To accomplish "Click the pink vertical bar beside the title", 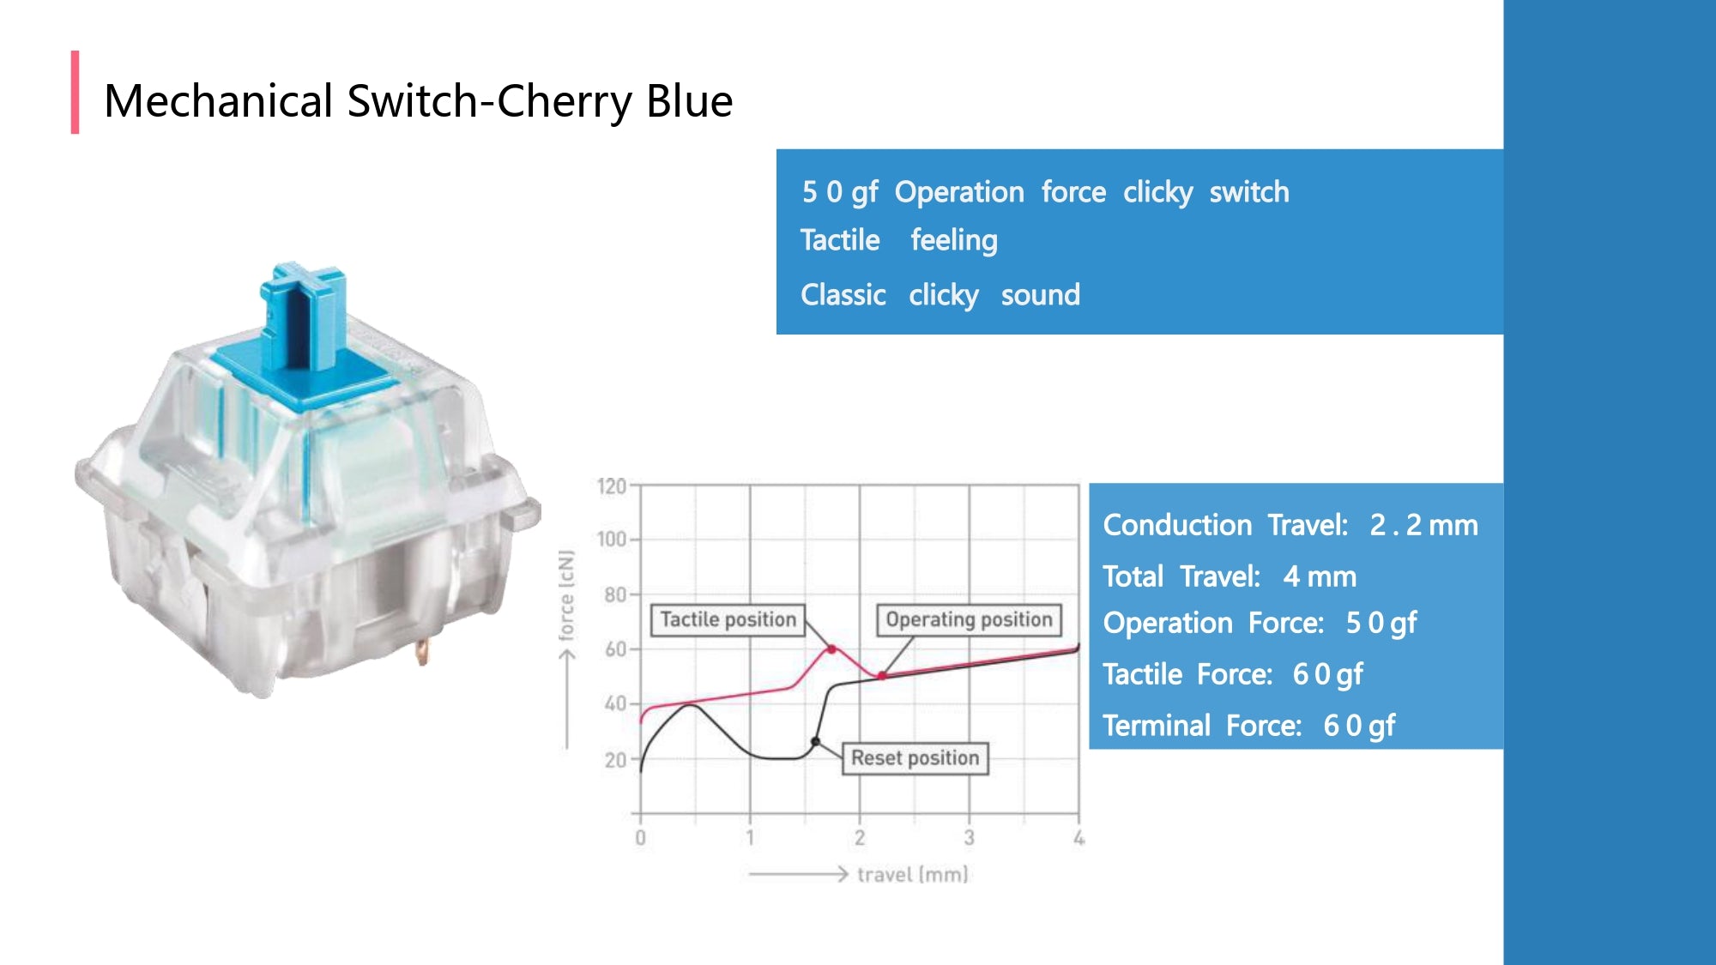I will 76,92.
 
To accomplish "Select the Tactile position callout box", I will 728,619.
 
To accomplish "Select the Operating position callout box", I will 968,619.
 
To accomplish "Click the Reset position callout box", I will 914,758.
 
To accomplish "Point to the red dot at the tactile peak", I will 831,649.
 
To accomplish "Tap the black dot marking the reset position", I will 815,741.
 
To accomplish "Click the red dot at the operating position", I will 881,676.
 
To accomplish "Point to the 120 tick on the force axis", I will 612,486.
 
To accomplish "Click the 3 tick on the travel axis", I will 969,837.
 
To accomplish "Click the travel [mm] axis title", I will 912,874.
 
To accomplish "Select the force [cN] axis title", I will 566,595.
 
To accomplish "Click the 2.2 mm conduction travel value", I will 1423,525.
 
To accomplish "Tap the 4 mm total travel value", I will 1319,576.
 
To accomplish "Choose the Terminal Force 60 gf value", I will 1359,726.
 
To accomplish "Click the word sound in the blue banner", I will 1040,295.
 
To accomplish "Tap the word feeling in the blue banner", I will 953,240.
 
